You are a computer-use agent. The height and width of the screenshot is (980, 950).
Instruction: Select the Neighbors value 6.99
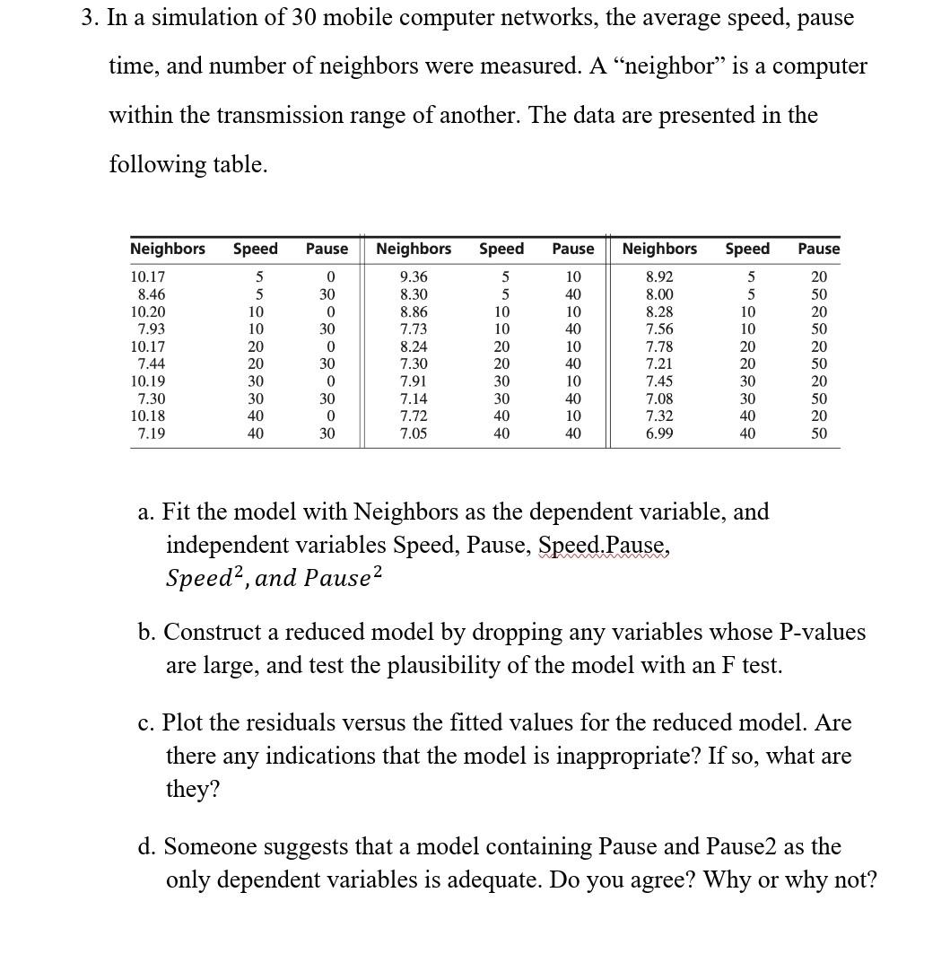click(x=659, y=433)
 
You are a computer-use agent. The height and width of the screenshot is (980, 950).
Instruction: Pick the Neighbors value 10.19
click(x=147, y=381)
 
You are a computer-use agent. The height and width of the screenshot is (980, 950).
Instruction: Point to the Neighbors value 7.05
click(x=414, y=433)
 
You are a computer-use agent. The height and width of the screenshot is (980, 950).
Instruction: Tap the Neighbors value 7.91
click(x=414, y=381)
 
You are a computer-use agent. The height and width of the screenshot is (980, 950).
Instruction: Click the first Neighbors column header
click(x=168, y=249)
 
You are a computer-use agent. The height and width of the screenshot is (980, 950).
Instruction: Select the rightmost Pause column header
click(x=818, y=249)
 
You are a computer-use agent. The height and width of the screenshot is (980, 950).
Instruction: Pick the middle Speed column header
click(x=501, y=249)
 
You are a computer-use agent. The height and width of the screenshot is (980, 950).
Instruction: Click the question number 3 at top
click(x=89, y=18)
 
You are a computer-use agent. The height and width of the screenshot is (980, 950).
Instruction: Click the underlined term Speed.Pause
click(x=604, y=546)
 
